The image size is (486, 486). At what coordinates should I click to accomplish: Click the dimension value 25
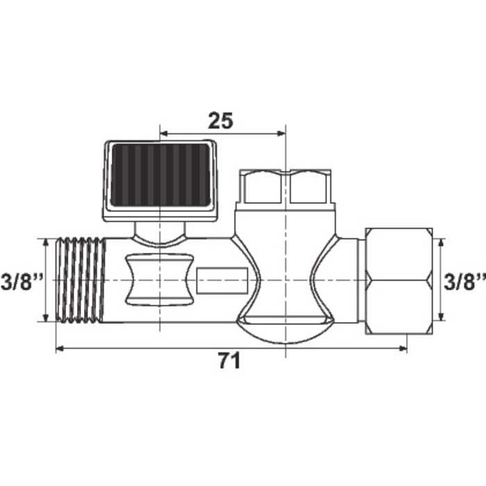tap(220, 121)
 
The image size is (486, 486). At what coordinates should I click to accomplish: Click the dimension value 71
tap(229, 361)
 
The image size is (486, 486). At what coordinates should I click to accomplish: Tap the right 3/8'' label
tap(464, 281)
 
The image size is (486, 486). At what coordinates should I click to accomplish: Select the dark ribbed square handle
tap(160, 181)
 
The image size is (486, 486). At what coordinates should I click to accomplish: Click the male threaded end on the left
tap(81, 280)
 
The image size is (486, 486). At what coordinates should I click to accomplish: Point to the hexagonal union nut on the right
tap(399, 280)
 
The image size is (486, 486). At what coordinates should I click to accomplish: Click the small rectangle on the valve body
tap(223, 280)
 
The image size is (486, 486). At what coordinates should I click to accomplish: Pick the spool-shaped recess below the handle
tap(160, 279)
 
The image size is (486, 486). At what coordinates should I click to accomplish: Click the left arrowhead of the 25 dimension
tap(163, 133)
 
